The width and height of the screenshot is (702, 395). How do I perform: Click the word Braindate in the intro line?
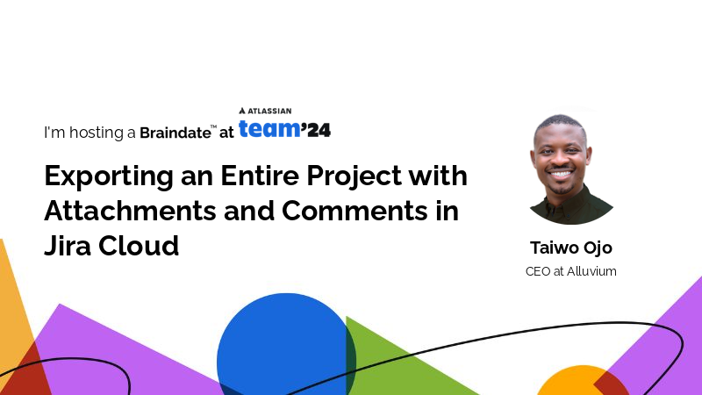tap(175, 133)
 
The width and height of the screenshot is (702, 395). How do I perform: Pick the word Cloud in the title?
tap(141, 246)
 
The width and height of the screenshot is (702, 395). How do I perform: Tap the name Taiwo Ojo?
tap(570, 248)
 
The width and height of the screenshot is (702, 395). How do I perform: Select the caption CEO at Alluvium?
tap(570, 271)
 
